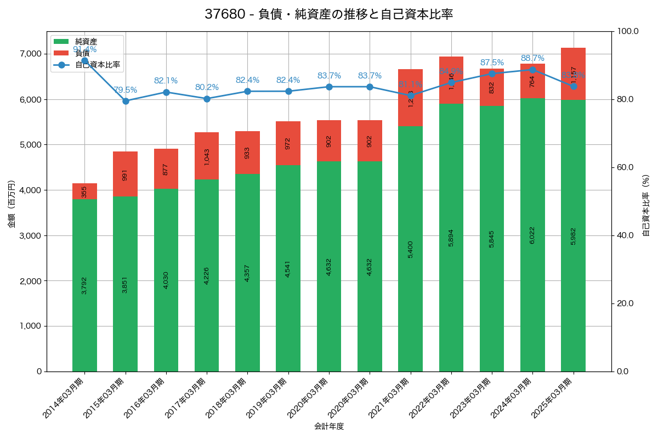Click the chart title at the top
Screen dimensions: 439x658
(328, 14)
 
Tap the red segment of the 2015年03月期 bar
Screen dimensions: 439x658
(125, 173)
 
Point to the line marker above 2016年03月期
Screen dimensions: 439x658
(166, 92)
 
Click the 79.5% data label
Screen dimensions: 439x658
(126, 90)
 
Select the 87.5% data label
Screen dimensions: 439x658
(492, 63)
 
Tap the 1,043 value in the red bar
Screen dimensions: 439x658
(207, 156)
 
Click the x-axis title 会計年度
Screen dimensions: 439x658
(328, 426)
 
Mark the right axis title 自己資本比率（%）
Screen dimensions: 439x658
(646, 205)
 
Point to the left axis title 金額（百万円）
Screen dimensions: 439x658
(11, 205)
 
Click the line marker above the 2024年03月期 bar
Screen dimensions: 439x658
(532, 70)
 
